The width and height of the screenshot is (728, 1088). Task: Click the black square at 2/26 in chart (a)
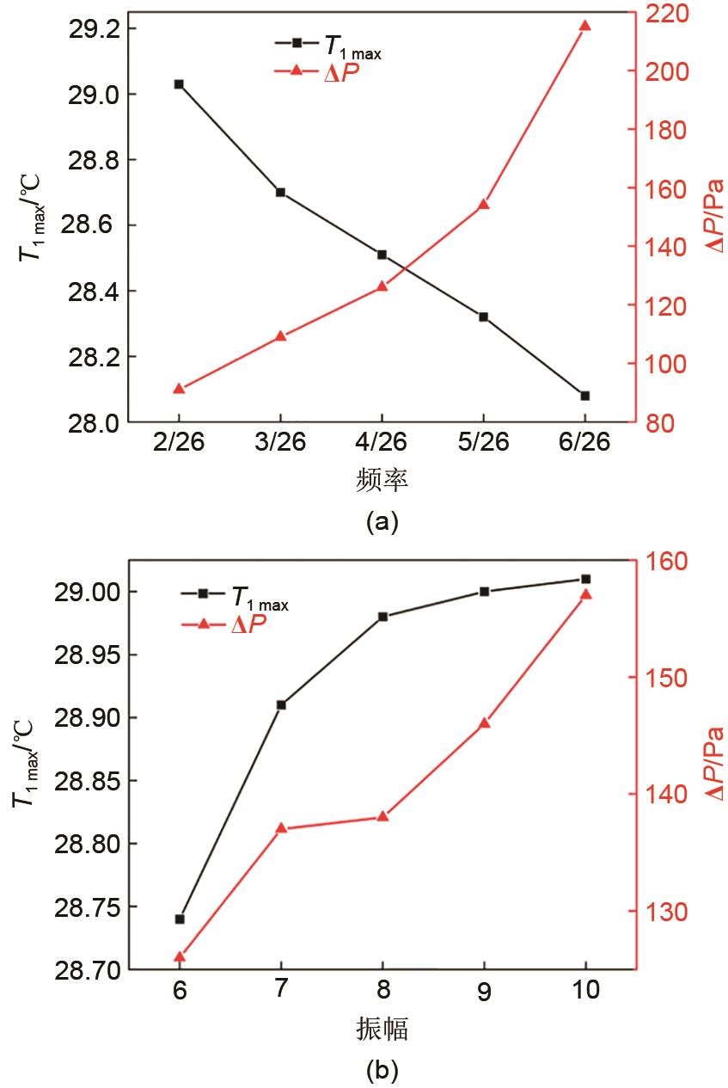tap(179, 84)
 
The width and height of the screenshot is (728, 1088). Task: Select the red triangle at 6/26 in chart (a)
tap(585, 26)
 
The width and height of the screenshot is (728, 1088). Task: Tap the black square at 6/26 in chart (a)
tap(585, 396)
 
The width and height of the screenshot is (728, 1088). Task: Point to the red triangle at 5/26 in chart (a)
tap(483, 205)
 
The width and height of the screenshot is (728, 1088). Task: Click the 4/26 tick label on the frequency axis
tap(382, 442)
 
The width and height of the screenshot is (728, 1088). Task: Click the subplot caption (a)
tap(382, 520)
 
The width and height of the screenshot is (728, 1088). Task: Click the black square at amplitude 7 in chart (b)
tap(281, 704)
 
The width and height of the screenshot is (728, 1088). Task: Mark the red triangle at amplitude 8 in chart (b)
tap(382, 816)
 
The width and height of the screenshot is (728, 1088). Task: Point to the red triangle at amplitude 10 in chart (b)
tap(586, 594)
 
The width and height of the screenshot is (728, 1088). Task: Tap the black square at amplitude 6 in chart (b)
tap(180, 919)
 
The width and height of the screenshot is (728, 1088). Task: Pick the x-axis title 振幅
tap(382, 1027)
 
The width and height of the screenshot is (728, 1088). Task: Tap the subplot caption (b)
tap(382, 1070)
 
